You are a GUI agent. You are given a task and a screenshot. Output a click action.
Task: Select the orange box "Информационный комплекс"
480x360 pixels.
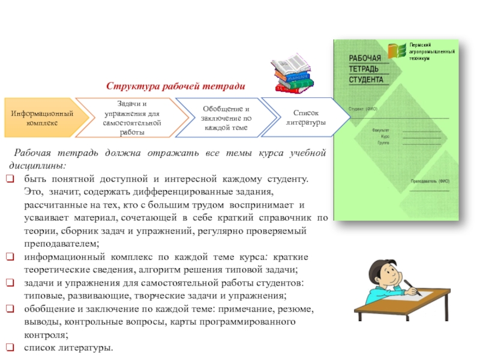(42, 118)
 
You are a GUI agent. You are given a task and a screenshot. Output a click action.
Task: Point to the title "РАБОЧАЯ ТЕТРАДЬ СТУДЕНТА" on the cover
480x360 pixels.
(366, 68)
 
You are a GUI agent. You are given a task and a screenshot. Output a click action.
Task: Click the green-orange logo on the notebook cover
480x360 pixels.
(396, 50)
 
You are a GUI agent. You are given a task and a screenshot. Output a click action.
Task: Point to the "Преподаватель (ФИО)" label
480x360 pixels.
(430, 181)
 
